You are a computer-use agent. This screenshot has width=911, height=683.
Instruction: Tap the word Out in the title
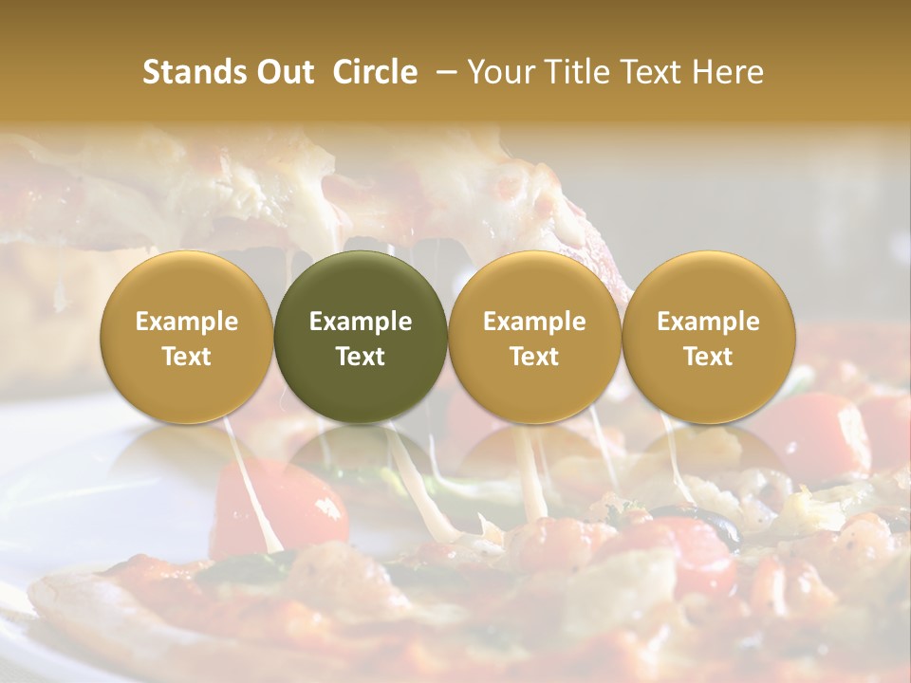(285, 72)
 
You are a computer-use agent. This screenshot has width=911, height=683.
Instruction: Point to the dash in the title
(443, 72)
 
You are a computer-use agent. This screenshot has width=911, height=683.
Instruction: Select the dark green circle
(361, 337)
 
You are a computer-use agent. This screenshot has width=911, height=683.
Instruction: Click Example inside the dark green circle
(361, 322)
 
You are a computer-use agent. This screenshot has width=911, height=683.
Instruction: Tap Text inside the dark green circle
(361, 357)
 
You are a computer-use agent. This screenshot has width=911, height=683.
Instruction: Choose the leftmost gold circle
(187, 337)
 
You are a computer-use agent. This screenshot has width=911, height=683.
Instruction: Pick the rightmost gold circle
(708, 337)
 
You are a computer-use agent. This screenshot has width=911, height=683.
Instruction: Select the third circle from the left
(534, 337)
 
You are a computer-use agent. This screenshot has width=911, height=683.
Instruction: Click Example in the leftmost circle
(187, 322)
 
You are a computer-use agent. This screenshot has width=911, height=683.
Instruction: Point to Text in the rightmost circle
(708, 357)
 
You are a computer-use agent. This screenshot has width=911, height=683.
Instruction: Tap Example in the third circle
(534, 322)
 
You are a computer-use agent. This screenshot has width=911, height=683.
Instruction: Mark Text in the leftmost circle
(187, 357)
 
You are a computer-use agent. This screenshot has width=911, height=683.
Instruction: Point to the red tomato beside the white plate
(275, 503)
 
